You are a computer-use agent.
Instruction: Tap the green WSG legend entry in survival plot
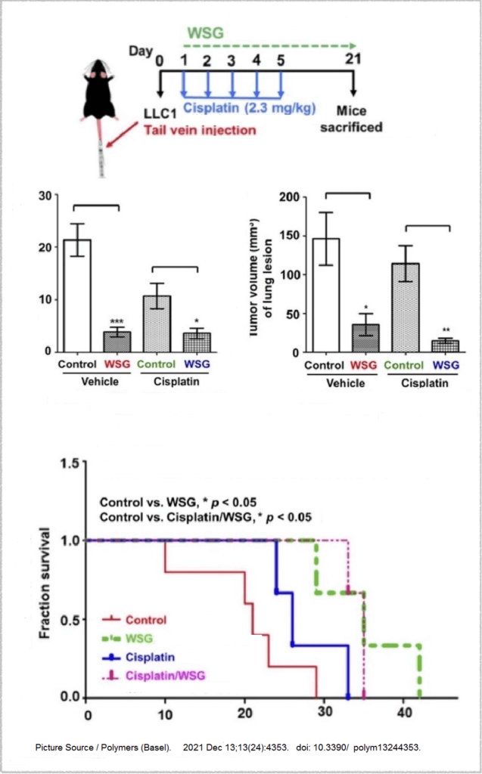coord(139,639)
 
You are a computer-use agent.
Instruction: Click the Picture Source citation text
coord(227,748)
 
